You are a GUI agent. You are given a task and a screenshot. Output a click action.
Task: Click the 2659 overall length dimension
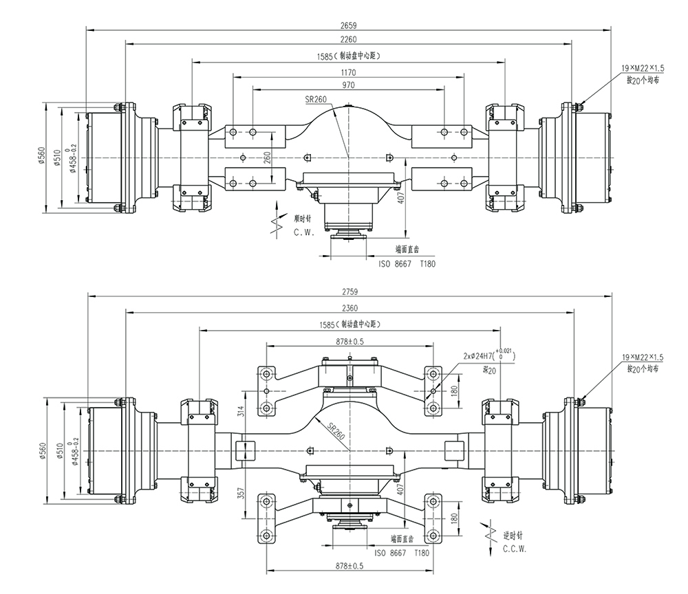350,25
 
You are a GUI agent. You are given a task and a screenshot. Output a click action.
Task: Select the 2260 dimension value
350,38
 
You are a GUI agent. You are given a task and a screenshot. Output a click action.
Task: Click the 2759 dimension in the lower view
350,291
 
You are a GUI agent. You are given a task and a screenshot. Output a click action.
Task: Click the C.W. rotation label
303,232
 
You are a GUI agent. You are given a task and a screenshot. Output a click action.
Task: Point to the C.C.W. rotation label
515,549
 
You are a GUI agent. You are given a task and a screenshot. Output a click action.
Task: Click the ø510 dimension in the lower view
60,450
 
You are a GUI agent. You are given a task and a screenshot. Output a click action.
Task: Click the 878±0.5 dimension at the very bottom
350,566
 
